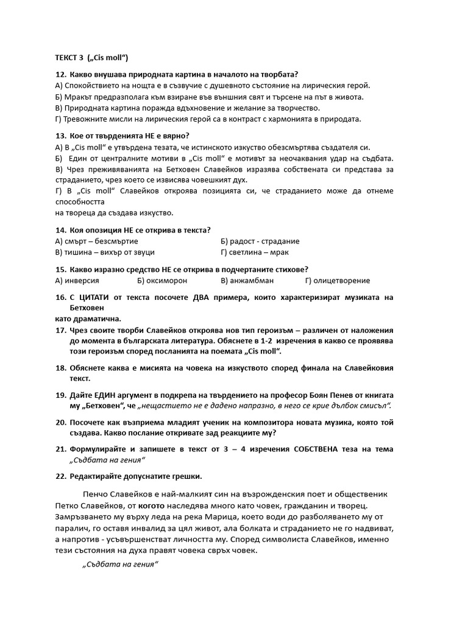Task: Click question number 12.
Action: (x=60, y=75)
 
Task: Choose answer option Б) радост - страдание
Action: (x=260, y=241)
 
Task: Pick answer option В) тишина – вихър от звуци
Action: (x=105, y=252)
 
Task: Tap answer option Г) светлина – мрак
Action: (x=255, y=252)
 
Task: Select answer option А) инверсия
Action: (x=77, y=280)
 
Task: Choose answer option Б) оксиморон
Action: (x=162, y=280)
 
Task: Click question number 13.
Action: (x=60, y=136)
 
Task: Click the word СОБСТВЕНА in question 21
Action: (x=311, y=449)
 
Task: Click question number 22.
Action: (x=60, y=476)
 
